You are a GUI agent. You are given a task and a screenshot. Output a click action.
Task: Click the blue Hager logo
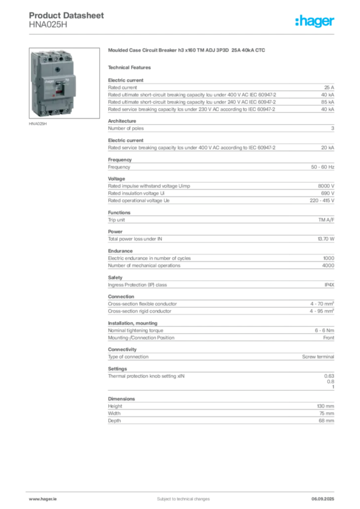[315, 21]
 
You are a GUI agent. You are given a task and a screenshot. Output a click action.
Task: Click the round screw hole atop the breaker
[54, 58]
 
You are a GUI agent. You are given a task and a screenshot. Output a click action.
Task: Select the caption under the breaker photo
[38, 124]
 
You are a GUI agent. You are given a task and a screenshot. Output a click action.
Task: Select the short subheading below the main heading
[131, 67]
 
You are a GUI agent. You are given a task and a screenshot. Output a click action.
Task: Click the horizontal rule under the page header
[183, 33]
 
